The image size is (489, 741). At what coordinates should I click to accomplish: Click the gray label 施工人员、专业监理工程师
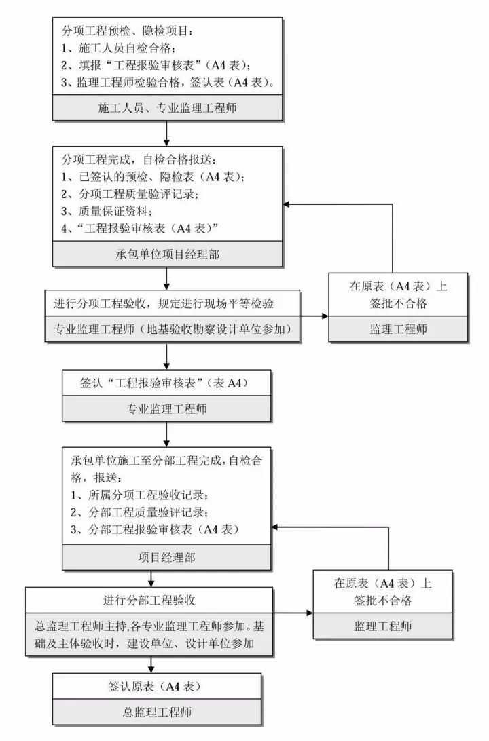pos(167,107)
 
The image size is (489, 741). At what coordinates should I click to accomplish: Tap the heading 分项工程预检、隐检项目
pos(128,31)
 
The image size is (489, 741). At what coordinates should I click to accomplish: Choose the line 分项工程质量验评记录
pos(134,194)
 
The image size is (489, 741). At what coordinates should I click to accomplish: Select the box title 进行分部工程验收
pos(150,600)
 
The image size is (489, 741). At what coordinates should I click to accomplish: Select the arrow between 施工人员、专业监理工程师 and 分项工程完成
pos(166,134)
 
